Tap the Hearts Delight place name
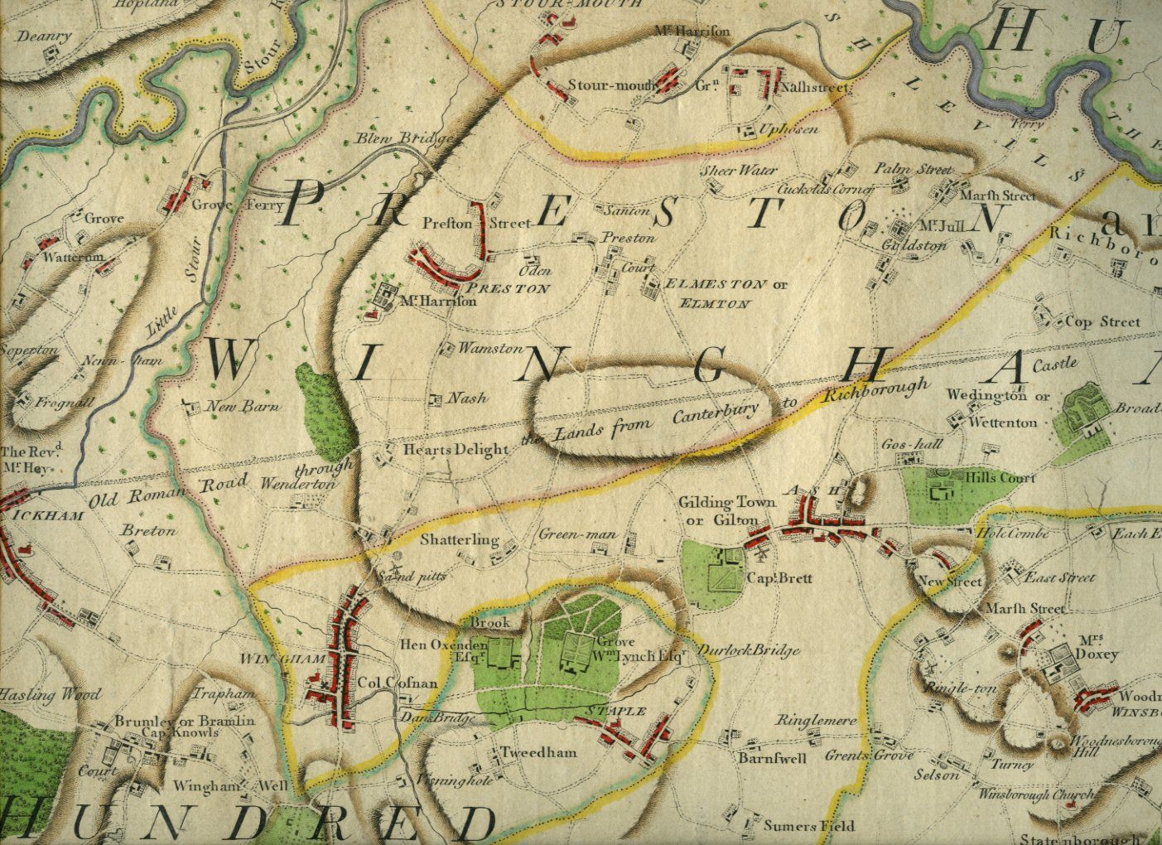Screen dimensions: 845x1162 [x=455, y=450]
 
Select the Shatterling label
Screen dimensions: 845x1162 [x=460, y=540]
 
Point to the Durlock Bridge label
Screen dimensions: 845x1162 [x=749, y=650]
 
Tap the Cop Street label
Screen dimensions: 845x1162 [x=1102, y=321]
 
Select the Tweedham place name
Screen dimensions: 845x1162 [x=538, y=753]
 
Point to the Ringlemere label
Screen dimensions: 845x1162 [x=816, y=721]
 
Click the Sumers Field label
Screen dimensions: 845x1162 [x=809, y=826]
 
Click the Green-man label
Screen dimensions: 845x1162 [x=577, y=535]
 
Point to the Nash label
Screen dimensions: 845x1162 [x=466, y=398]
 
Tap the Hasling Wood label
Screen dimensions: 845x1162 [x=51, y=694]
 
